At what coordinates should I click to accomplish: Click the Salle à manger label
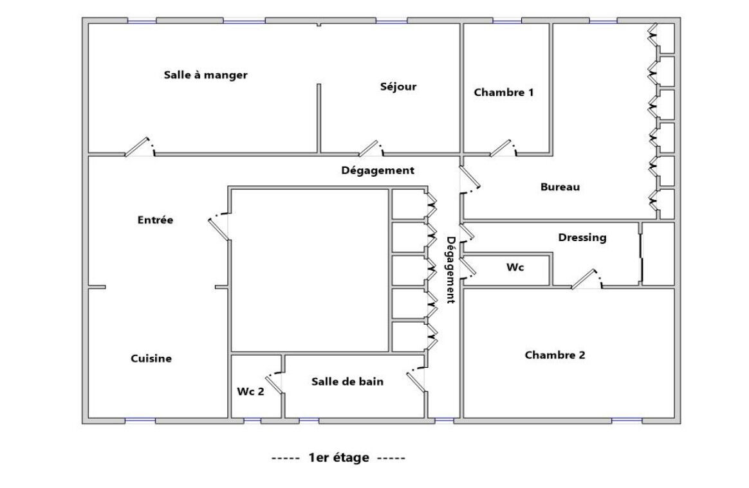click(x=205, y=75)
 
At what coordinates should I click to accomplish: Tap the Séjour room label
click(x=398, y=86)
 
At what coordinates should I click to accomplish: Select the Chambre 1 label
click(x=503, y=92)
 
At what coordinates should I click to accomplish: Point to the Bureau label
click(x=560, y=186)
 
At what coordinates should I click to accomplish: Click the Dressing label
click(x=582, y=237)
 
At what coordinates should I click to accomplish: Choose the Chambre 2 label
click(x=555, y=355)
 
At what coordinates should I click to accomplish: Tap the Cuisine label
click(x=151, y=359)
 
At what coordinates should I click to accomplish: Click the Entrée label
click(x=155, y=220)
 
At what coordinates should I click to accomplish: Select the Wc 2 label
click(x=250, y=392)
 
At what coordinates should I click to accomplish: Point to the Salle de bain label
click(x=347, y=381)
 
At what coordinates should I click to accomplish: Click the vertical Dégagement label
click(x=450, y=270)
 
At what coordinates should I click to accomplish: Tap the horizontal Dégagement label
click(x=377, y=170)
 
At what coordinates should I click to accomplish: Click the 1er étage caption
click(x=338, y=457)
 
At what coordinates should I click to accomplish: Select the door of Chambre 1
click(x=503, y=147)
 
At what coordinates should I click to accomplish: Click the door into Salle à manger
click(x=140, y=147)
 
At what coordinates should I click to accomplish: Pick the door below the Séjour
click(x=371, y=148)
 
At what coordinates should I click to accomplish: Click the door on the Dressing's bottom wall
click(x=587, y=279)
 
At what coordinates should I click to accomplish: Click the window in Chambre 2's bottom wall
click(x=627, y=420)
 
